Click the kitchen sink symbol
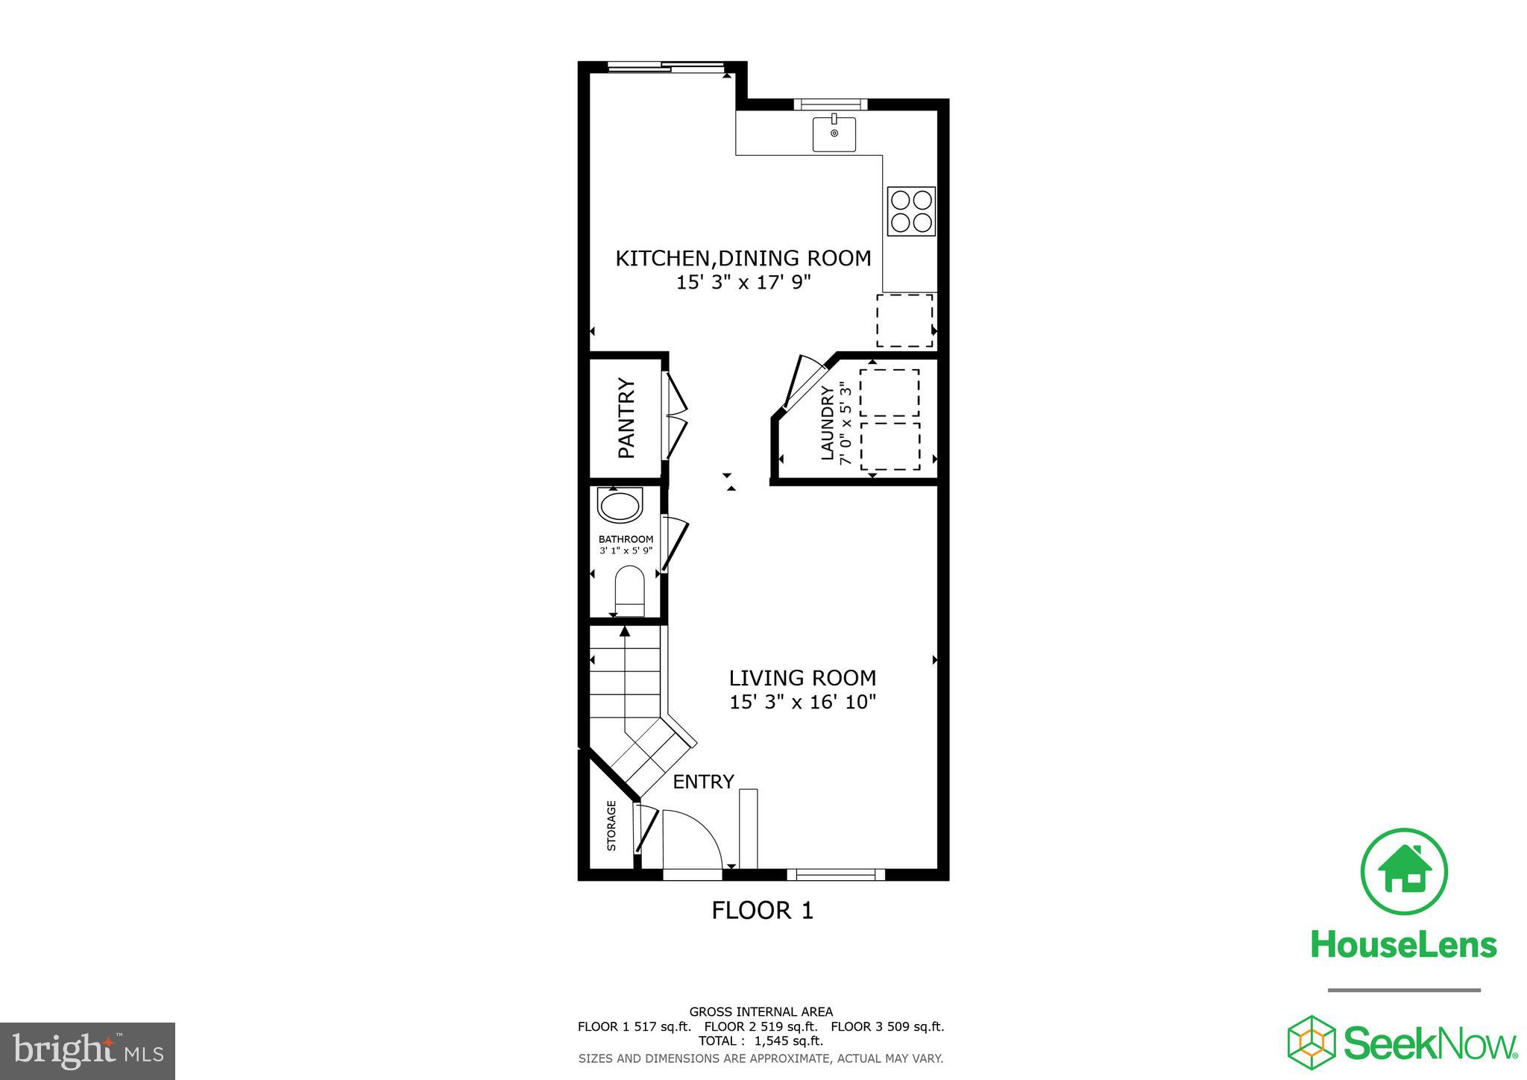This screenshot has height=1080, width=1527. coord(834,134)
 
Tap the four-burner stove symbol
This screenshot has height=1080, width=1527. coord(911,211)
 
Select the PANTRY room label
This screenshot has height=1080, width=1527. coord(626,418)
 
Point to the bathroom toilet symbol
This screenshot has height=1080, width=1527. coord(629,590)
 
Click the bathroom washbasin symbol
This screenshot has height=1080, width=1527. coord(620,506)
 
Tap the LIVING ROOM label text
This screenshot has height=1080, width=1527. coord(802,678)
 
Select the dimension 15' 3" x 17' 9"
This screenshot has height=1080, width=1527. coord(743,283)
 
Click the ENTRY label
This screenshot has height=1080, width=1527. coord(703,782)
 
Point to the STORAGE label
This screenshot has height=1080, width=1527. coord(611,826)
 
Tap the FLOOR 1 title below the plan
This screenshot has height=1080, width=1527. coord(762,911)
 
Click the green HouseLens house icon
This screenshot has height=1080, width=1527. coord(1403,871)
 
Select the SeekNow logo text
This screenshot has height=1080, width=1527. coord(1430,1043)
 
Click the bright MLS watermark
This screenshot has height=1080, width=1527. coord(88,1051)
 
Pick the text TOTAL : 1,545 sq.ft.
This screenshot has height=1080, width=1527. coord(761,1040)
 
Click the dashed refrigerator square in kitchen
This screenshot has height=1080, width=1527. coord(904,320)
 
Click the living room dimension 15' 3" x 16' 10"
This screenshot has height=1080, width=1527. coord(802,702)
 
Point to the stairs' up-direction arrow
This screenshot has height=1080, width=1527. coord(625,632)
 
